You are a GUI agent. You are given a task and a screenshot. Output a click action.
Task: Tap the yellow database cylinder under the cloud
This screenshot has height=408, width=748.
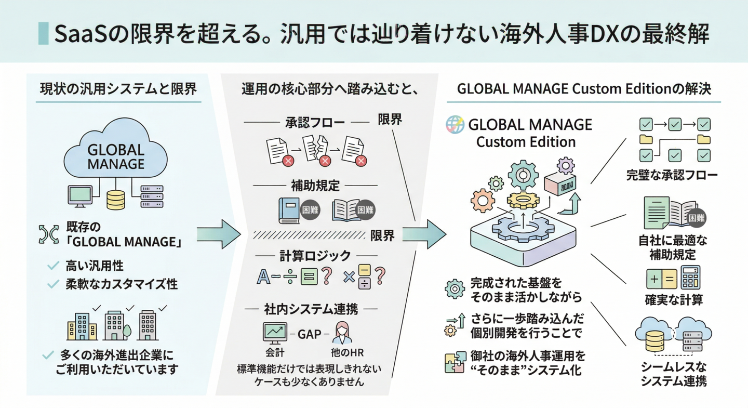[x=115, y=200]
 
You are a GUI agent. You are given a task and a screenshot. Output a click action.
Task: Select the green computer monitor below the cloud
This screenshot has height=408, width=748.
[x=80, y=196]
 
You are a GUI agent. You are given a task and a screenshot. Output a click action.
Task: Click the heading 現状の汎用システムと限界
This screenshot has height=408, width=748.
[x=118, y=89]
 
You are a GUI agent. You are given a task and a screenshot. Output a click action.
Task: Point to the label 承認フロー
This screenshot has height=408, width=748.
[x=315, y=123]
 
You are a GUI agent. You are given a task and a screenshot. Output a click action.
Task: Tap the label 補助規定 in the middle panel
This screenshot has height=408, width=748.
[x=315, y=186]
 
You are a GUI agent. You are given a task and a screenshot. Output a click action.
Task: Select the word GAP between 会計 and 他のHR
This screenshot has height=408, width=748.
[x=309, y=334]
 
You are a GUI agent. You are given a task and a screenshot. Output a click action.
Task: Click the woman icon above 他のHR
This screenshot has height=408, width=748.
[x=342, y=333]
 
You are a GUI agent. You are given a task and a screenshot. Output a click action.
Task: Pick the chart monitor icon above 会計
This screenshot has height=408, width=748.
[x=275, y=333]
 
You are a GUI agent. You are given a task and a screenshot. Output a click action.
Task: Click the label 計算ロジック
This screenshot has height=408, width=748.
[x=315, y=256]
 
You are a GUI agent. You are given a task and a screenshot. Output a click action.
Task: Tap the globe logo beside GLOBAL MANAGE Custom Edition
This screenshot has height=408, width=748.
[x=455, y=125]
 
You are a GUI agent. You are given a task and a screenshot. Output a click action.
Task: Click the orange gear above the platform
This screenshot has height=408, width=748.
[x=483, y=201]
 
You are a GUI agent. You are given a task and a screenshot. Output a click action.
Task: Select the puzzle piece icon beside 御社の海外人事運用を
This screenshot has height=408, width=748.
[x=455, y=362]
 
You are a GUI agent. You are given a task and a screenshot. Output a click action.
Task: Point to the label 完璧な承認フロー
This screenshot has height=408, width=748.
[x=672, y=175]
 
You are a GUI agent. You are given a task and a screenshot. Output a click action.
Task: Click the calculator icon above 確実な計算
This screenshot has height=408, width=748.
[x=690, y=278]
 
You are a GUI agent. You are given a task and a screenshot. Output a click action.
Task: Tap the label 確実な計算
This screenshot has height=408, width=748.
[x=674, y=300]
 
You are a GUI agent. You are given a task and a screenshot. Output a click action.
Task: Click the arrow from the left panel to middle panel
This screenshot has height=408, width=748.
[x=219, y=234]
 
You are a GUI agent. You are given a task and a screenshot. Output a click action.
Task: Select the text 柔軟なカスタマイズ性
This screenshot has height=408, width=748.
[x=122, y=284]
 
